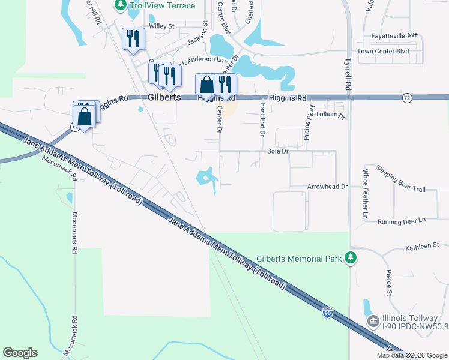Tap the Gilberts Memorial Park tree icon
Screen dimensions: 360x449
point(350,259)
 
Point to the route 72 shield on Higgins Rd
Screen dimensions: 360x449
point(408,97)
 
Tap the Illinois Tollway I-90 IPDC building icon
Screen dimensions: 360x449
point(373,321)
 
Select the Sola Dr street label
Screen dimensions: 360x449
point(278,152)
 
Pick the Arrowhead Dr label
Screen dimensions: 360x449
point(328,187)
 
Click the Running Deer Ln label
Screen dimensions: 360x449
point(401,221)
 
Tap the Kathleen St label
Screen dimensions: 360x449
point(423,246)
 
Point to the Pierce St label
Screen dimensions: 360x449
point(390,283)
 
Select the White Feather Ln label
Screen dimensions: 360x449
point(365,193)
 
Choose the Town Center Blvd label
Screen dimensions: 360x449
point(383,52)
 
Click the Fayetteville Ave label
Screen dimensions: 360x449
point(394,35)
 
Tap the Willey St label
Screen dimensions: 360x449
point(161,26)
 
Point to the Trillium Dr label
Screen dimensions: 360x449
point(330,115)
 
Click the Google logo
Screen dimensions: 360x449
point(20,353)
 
